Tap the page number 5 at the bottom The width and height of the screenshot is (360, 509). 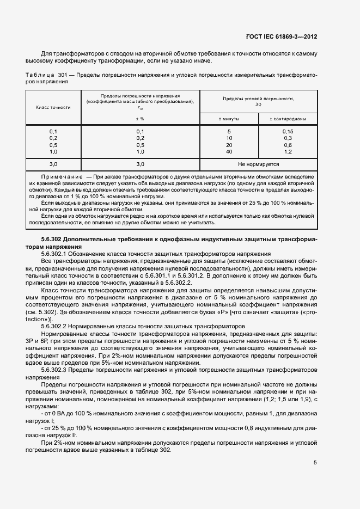click(x=315, y=463)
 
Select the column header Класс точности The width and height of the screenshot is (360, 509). click(x=53, y=107)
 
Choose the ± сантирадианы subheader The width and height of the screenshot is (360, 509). click(x=288, y=118)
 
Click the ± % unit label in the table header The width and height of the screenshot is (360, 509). click(x=140, y=118)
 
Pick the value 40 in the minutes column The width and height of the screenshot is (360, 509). click(x=229, y=152)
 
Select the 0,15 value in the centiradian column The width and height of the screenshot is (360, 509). click(x=288, y=132)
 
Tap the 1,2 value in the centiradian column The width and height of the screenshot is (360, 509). click(x=288, y=152)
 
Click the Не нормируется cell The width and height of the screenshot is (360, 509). click(x=259, y=164)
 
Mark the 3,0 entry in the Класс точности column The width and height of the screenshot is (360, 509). click(x=53, y=164)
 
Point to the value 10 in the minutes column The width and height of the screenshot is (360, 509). click(x=229, y=138)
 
